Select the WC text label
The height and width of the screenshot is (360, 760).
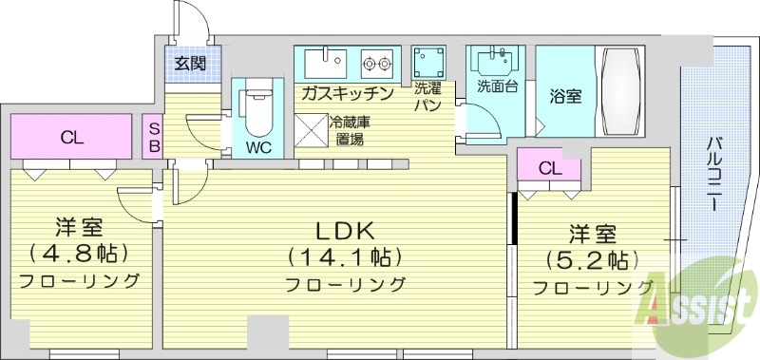pyautogui.click(x=258, y=147)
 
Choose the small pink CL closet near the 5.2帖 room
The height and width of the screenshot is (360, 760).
pyautogui.click(x=549, y=167)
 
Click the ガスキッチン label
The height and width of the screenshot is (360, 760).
pyautogui.click(x=349, y=93)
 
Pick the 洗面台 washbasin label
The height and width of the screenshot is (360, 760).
pyautogui.click(x=497, y=86)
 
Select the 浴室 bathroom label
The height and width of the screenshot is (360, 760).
pyautogui.click(x=565, y=95)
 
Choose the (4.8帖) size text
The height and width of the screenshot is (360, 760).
pyautogui.click(x=79, y=254)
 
